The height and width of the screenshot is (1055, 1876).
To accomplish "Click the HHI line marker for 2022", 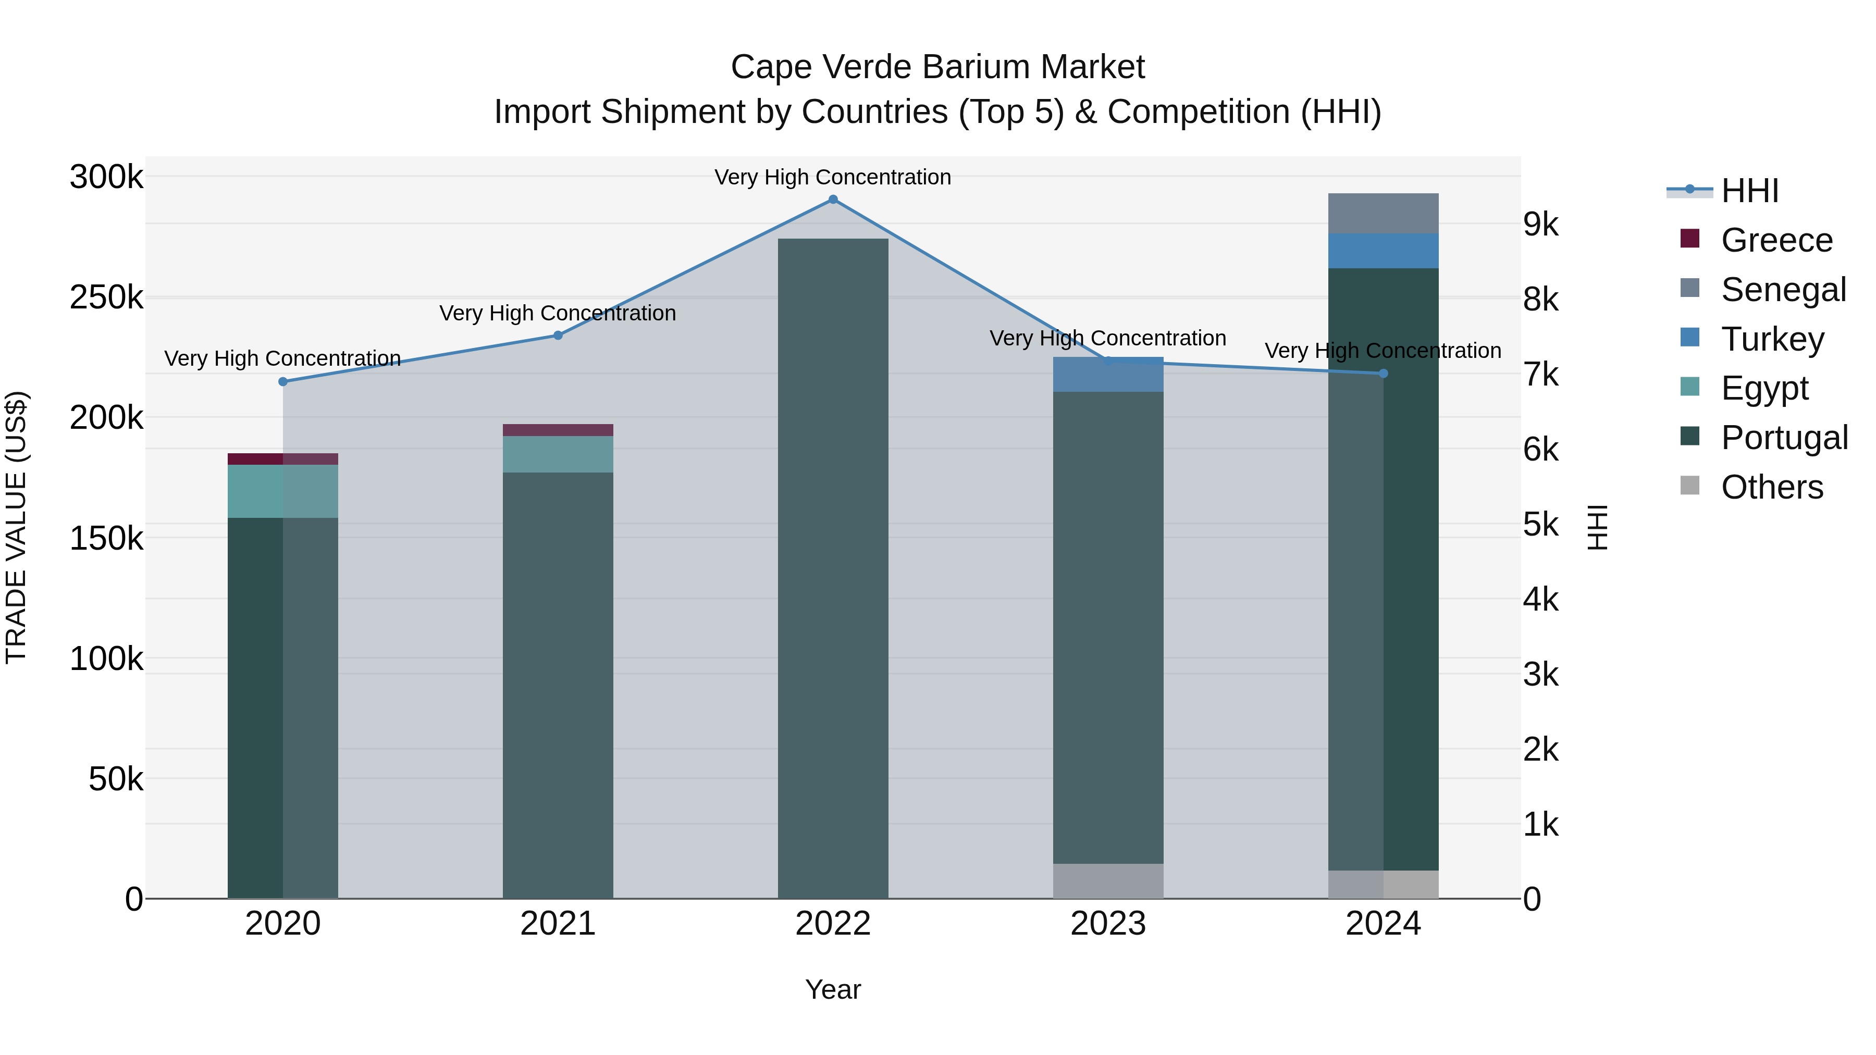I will point(833,200).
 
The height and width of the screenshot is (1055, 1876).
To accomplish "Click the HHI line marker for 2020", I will point(283,381).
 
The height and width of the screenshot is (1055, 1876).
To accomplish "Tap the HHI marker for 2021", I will point(558,336).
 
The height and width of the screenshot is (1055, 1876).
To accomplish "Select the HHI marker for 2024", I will point(1384,374).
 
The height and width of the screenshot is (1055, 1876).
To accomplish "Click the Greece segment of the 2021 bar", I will point(558,430).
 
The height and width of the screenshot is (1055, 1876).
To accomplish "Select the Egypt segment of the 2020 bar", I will point(283,491).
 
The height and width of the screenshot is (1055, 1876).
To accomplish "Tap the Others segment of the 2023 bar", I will point(1108,881).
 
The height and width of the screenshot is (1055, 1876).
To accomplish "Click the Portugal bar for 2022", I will point(833,568).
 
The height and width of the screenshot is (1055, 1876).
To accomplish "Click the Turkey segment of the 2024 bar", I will point(1383,251).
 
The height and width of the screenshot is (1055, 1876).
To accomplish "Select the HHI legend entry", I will point(1749,191).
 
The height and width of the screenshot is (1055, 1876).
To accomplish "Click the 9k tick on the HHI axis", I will point(1541,225).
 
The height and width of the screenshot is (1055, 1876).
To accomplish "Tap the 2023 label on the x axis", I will point(1108,924).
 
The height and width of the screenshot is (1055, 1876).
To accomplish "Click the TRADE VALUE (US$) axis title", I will point(16,527).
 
